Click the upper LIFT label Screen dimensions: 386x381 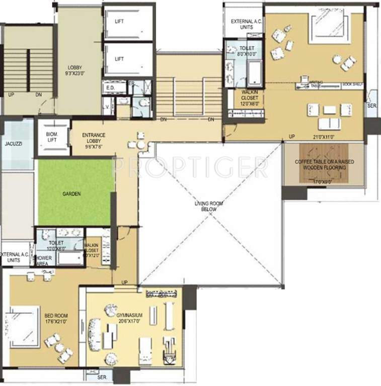[119, 21]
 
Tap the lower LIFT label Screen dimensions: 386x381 [119, 59]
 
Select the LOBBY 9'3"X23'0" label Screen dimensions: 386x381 [75, 70]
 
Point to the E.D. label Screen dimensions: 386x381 [111, 87]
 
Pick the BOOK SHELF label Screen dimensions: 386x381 [352, 84]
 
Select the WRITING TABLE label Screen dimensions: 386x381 [316, 84]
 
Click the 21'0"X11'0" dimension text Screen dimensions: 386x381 [324, 136]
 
